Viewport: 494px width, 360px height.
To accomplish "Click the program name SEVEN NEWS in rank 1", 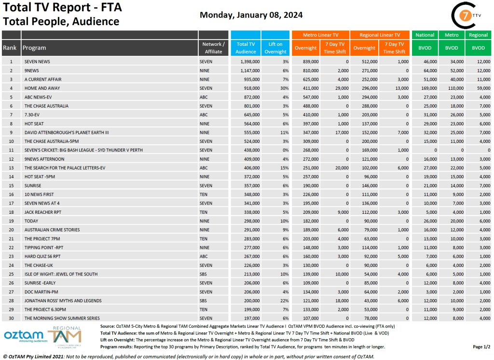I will click(x=38, y=62).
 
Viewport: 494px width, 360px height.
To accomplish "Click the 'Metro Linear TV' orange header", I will click(x=320, y=35).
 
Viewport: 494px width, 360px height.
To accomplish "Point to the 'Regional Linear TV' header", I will click(x=380, y=35).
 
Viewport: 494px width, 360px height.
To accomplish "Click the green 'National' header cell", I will click(x=425, y=35).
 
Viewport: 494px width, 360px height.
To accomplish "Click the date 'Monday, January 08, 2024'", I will click(x=251, y=15).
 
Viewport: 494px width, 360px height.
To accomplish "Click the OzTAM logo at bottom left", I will click(x=25, y=336).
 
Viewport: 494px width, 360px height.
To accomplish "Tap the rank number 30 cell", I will click(x=11, y=318).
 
